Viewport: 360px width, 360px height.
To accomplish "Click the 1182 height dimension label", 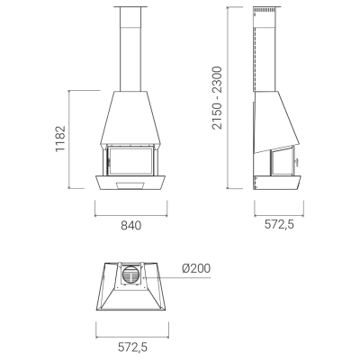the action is pos(60,139).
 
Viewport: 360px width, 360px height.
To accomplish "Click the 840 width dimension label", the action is pos(131,225).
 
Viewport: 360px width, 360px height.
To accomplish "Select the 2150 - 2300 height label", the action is pos(217,98).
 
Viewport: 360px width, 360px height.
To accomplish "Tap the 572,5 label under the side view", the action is pos(279,224).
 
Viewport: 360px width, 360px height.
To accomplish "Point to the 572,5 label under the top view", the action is pos(132,347).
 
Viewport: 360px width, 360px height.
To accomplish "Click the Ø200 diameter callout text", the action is pos(196,268).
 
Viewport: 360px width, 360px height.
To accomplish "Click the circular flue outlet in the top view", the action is pos(130,274).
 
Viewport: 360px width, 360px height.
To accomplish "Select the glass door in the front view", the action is pos(131,160).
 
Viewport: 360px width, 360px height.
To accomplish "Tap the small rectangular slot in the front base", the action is pos(130,185).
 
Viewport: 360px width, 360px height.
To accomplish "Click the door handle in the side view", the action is pos(297,162).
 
